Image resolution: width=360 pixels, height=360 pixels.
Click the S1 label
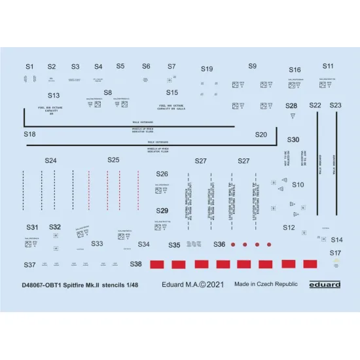point(29,67)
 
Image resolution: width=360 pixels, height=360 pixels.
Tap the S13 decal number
point(53,96)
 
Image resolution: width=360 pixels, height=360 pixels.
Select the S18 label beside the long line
point(29,134)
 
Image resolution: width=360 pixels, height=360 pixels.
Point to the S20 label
point(261,135)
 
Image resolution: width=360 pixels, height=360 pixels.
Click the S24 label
point(50,160)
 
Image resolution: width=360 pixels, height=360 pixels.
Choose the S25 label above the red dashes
point(113,160)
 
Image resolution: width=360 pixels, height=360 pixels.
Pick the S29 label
point(162,211)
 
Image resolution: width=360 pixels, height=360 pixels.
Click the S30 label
point(293,140)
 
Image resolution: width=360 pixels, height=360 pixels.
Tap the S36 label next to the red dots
point(219,244)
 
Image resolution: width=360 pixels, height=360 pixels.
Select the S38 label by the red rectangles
point(135,264)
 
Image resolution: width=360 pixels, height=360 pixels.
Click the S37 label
point(29,265)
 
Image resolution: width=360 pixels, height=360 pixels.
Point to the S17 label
point(335,253)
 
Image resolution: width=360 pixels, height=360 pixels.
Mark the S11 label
point(328,66)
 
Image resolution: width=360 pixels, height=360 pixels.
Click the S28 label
point(291,105)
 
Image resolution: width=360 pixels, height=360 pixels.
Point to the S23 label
point(335,105)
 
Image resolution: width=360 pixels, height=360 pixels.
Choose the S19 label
point(207,69)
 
